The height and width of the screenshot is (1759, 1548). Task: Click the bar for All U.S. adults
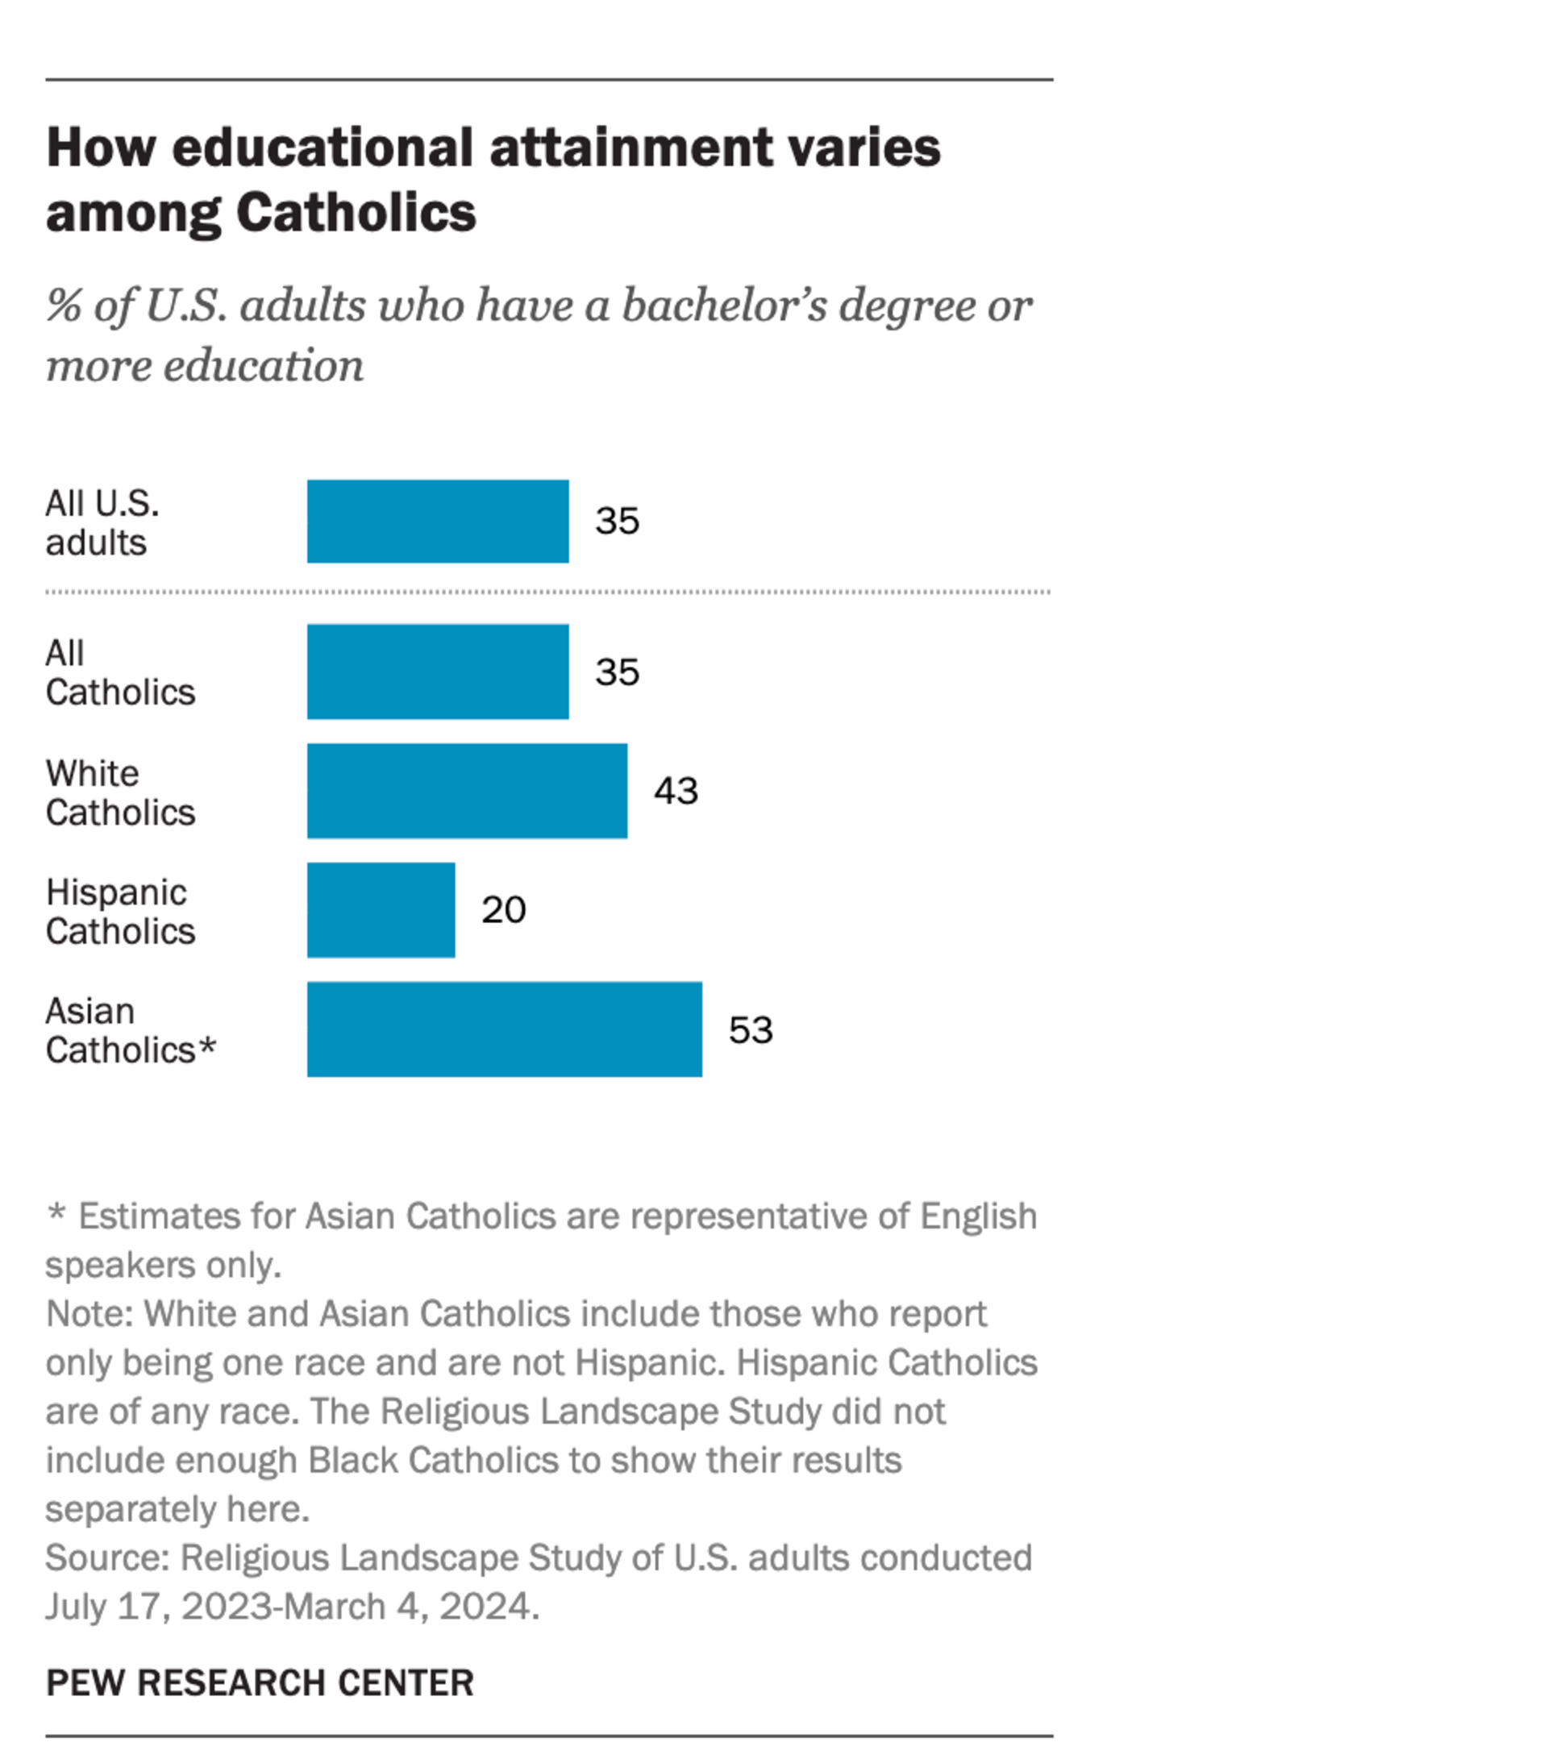click(437, 521)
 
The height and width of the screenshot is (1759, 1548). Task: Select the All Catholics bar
click(437, 672)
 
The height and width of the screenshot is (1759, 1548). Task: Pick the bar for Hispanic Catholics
click(381, 909)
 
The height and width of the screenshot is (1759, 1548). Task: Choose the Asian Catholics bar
click(504, 1029)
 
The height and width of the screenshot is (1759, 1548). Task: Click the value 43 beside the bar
click(676, 791)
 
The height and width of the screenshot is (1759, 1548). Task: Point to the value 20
click(503, 909)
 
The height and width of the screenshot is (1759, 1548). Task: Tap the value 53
click(751, 1030)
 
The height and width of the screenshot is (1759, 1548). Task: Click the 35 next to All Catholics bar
click(617, 672)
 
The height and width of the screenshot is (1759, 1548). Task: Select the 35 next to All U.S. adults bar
click(617, 521)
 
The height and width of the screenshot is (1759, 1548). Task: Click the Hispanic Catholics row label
click(120, 911)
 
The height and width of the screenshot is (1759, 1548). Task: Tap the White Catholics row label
click(120, 792)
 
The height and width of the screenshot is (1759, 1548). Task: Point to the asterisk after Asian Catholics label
click(207, 1046)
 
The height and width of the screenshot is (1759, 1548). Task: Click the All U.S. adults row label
click(102, 522)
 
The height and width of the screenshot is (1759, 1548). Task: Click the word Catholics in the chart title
click(356, 213)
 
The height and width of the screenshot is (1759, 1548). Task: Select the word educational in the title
click(322, 148)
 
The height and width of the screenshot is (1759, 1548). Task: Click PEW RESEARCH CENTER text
click(260, 1682)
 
